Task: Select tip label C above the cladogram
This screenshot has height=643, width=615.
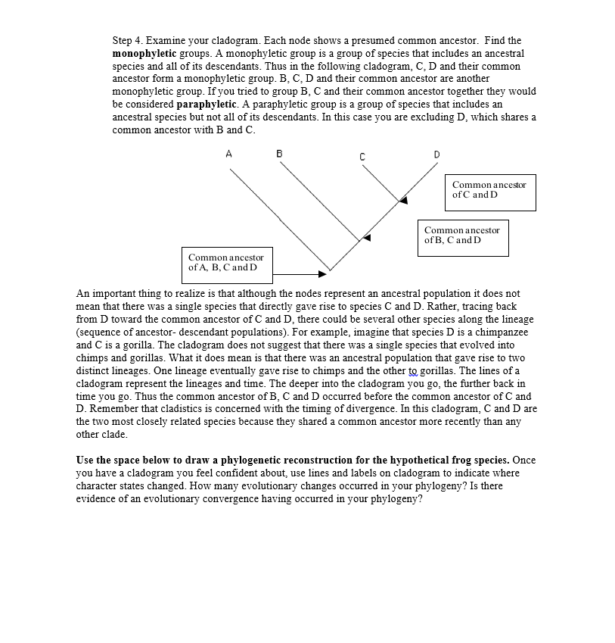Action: (362, 157)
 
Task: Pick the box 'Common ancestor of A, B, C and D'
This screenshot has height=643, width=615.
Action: (226, 264)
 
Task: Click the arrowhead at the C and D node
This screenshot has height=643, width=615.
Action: (404, 201)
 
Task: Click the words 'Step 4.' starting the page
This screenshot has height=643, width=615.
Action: (128, 41)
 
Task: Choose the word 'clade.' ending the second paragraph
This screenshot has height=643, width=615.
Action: (91, 435)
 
